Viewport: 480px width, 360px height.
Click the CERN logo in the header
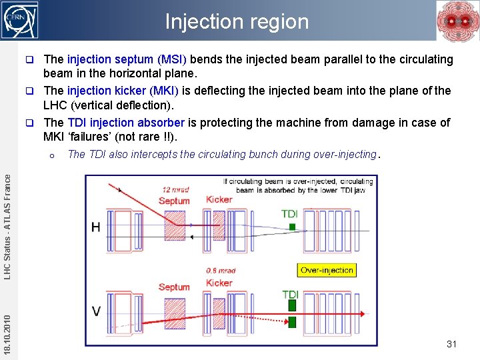(20, 20)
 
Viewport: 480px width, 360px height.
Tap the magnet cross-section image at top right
(457, 20)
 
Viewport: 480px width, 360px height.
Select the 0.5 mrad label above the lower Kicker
(221, 271)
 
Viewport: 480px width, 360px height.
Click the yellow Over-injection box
(327, 270)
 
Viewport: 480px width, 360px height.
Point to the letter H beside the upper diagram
(96, 227)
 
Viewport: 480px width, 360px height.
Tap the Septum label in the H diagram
(174, 201)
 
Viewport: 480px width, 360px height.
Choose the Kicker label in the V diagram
(219, 283)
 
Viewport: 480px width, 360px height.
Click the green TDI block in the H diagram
(291, 227)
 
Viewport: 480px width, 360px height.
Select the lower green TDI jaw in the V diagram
(291, 323)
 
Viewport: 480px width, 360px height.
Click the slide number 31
(451, 344)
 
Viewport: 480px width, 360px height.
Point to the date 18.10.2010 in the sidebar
(7, 327)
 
